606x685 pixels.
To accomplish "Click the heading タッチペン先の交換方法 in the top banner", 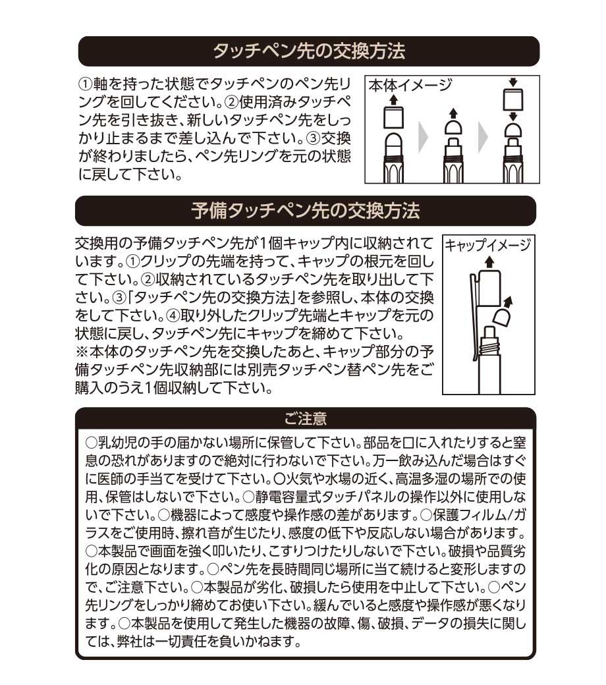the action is pos(309,51).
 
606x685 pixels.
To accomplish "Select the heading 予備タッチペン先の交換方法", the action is pos(306,211).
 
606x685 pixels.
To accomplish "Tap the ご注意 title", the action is pos(306,419).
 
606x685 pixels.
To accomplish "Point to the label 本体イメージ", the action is pos(410,85).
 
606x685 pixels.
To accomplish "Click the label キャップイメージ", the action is pos(488,245).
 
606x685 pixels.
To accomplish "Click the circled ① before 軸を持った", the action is pos(85,84).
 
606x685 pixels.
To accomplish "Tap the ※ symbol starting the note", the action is pos(82,352).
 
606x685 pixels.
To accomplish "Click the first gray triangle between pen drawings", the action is pos(424,138).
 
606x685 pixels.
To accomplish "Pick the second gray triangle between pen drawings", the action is pos(483,138).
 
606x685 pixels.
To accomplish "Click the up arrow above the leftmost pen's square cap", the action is pos(393,99).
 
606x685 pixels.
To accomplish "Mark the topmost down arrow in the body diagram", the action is pos(513,82).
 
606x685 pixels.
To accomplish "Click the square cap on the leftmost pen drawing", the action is pos(393,117).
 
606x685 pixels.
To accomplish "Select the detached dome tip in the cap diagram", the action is pos(502,318).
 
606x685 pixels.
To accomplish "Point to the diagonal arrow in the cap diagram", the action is pos(508,302).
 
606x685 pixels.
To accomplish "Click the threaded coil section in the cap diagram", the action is pos(489,348).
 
